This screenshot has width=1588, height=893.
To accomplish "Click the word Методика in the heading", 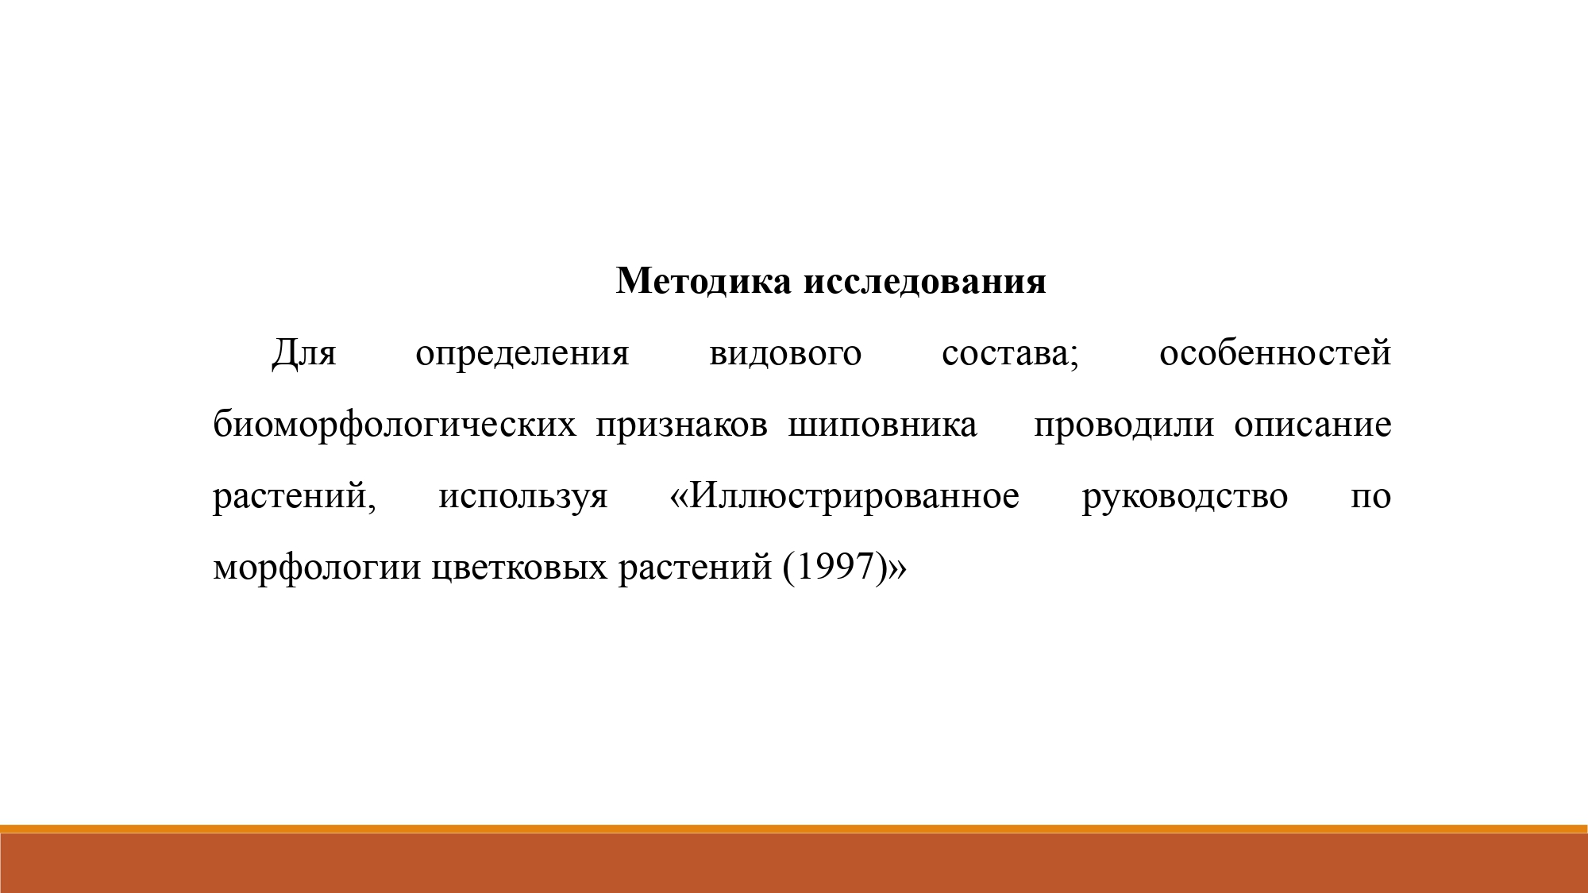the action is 703,281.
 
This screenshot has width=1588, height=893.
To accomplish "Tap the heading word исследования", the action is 925,282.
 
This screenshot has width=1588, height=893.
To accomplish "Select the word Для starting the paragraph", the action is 304,354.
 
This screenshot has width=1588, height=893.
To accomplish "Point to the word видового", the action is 785,354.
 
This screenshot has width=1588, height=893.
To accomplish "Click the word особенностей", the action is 1275,352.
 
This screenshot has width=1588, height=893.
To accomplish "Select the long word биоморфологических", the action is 395,425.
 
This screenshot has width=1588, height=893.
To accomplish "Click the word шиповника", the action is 883,425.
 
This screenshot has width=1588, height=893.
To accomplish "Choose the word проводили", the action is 1124,425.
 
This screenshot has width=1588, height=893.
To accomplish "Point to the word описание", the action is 1312,425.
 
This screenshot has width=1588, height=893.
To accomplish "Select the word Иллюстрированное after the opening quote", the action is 855,497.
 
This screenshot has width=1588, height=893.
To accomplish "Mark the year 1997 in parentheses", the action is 834,567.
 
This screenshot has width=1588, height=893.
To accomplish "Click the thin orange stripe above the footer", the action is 794,829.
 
